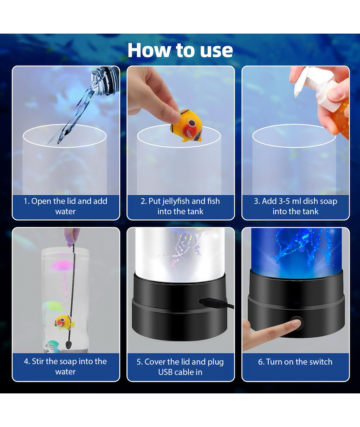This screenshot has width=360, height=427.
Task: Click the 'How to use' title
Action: point(180,50)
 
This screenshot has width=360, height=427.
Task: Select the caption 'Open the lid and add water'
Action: point(65,206)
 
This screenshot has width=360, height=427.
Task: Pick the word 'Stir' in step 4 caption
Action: point(38,361)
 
